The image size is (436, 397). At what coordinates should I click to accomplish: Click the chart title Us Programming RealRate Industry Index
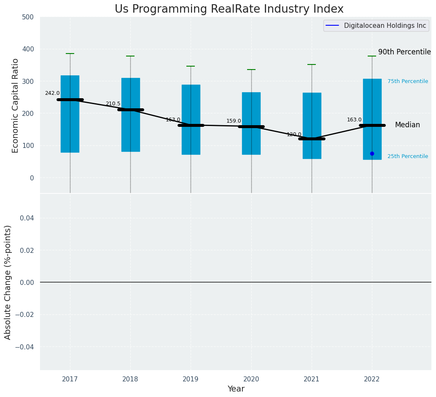(x=229, y=9)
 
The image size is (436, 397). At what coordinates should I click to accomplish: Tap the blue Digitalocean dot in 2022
(x=372, y=153)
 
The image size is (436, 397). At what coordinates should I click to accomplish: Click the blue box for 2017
(x=70, y=126)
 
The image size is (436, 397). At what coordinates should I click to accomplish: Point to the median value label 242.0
(x=52, y=93)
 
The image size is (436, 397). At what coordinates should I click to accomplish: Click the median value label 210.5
(x=113, y=104)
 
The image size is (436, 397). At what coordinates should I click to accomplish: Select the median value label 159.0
(x=234, y=121)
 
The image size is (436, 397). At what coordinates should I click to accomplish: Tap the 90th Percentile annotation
(x=404, y=52)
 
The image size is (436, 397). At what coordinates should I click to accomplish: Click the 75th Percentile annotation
(x=408, y=81)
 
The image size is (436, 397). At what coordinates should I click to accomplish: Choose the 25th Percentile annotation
(x=408, y=156)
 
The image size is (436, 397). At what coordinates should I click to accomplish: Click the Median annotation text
(x=407, y=125)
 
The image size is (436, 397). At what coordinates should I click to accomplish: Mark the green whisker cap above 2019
(x=191, y=66)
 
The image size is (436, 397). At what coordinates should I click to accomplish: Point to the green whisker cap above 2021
(x=312, y=64)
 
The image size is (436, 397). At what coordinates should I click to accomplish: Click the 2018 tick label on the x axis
(x=130, y=379)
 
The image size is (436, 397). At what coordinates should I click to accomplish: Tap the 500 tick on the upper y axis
(x=28, y=17)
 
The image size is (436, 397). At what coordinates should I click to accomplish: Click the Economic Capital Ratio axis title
(x=16, y=105)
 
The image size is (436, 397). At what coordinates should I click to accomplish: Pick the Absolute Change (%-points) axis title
(x=8, y=282)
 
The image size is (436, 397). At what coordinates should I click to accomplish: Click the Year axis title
(x=236, y=389)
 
